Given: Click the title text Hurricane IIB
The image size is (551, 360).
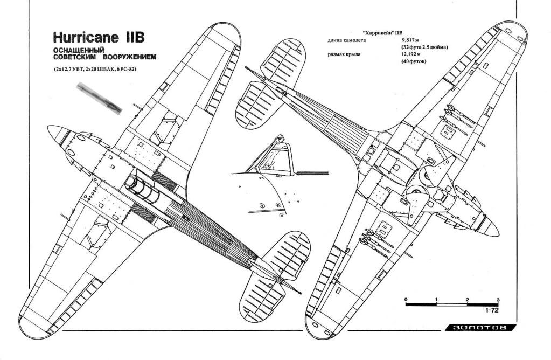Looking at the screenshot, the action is tap(99, 37).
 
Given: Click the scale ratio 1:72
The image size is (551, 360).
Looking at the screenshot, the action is tap(492, 310).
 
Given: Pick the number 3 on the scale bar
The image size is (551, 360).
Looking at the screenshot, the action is tap(498, 300).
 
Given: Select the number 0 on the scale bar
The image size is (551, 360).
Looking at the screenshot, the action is tap(406, 300).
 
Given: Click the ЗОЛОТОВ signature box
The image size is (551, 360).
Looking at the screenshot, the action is tap(480, 328).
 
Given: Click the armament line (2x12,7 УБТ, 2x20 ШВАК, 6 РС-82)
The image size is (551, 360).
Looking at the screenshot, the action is tap(95, 70).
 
